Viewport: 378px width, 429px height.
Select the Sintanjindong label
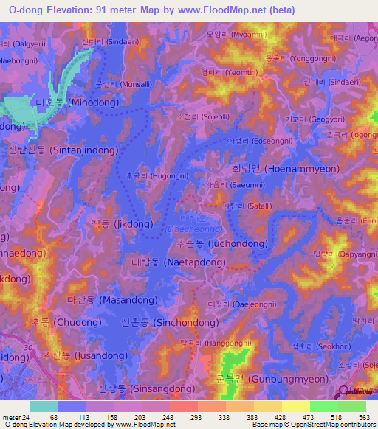click(x=56, y=150)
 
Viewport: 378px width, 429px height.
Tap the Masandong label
click(x=101, y=301)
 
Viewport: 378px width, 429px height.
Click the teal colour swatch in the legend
click(x=43, y=406)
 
